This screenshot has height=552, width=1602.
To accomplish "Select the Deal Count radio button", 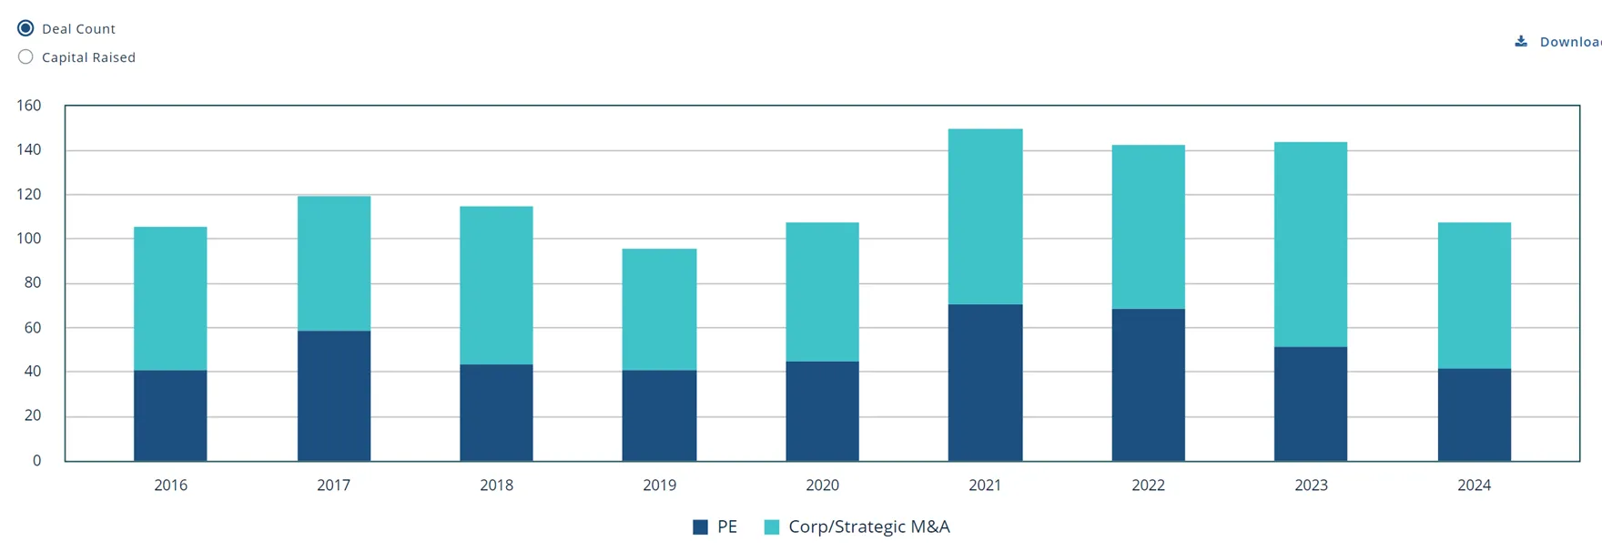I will (x=25, y=28).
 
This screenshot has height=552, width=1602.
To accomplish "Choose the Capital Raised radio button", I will (x=25, y=56).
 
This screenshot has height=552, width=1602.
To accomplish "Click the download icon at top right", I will (x=1521, y=41).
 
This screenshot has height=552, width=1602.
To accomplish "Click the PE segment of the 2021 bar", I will (x=985, y=383).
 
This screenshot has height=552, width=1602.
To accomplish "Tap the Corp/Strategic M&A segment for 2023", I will (x=1311, y=244).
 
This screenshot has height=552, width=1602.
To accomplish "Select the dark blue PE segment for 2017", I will (x=334, y=395).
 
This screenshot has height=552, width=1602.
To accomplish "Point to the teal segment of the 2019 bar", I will (x=659, y=310).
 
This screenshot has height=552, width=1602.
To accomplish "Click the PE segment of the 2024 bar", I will (x=1474, y=414).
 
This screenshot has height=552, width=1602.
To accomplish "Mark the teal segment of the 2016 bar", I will (x=170, y=299).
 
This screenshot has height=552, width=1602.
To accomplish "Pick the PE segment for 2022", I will (x=1148, y=384).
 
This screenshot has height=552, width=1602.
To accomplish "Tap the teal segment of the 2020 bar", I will (x=822, y=291).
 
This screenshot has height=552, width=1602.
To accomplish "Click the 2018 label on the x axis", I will (x=496, y=486).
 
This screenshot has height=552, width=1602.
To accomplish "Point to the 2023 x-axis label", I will (x=1311, y=486).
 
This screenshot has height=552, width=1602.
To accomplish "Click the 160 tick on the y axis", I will (x=29, y=106).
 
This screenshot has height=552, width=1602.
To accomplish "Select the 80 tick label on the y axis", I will (x=33, y=282).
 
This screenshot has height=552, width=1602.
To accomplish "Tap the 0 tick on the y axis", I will (x=36, y=461).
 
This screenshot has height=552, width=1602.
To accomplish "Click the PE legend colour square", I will (x=700, y=526).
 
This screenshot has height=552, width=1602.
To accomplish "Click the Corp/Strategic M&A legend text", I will (x=868, y=526).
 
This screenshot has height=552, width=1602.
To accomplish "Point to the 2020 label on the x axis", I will (x=822, y=486).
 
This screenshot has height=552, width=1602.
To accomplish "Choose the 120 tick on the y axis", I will (x=29, y=194).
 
